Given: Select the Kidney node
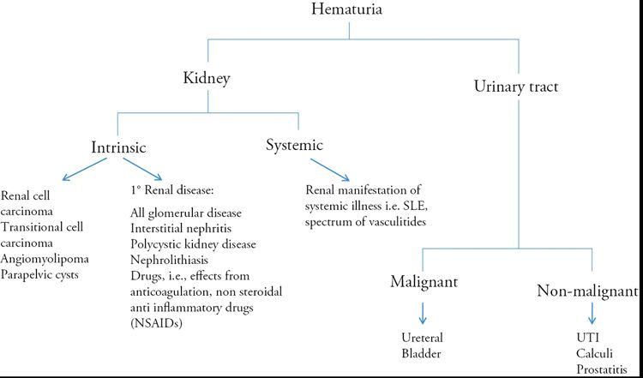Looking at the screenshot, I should pyautogui.click(x=207, y=79).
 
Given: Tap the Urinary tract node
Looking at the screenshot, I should pyautogui.click(x=518, y=87).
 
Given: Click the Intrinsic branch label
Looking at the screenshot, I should pyautogui.click(x=122, y=147).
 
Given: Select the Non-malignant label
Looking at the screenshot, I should pyautogui.click(x=589, y=291).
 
